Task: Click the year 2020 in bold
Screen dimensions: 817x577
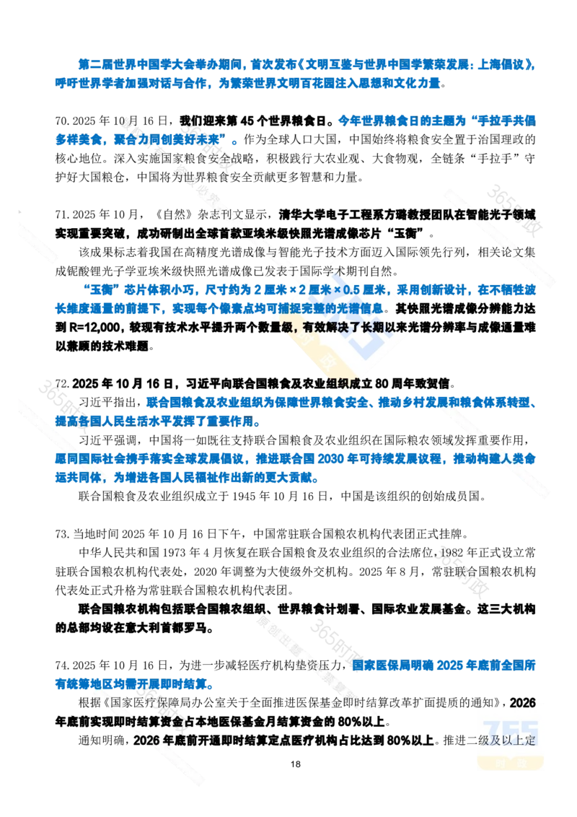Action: tap(530, 703)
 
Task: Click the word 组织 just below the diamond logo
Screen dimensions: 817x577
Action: tap(338, 382)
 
